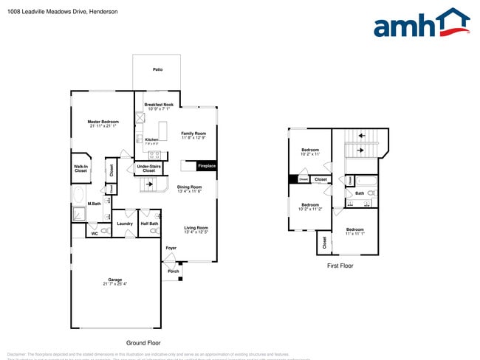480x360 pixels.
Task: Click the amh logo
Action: pos(421,24)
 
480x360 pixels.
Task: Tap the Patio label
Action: pos(157,69)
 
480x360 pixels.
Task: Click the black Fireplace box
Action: pos(206,166)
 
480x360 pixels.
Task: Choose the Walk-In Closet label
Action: pos(80,169)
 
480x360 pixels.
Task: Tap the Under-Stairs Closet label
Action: pos(148,168)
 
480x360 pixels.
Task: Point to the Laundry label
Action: pos(125,224)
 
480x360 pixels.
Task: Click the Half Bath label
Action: pos(149,224)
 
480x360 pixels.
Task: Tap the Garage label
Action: pos(114,281)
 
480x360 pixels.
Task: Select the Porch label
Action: pos(174,271)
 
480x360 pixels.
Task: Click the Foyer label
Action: pos(171,248)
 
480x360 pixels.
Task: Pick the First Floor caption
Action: pos(340,266)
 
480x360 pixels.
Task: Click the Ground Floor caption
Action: pos(143,342)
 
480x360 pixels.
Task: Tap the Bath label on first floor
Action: pos(360,193)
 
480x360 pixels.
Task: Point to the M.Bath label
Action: pos(95,204)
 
